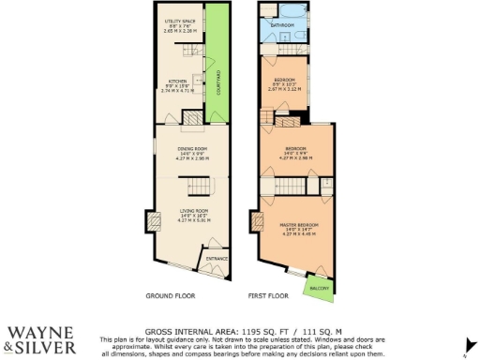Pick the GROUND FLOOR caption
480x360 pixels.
[171, 296]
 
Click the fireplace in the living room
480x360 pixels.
[151, 223]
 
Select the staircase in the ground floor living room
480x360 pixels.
[194, 185]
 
